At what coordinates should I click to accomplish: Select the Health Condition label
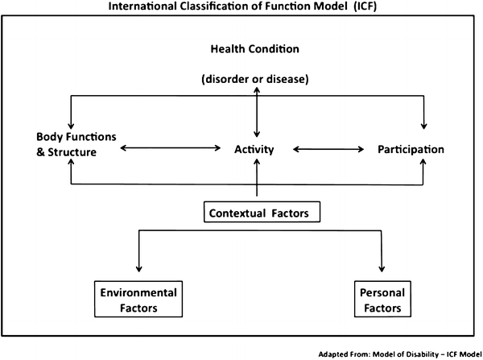pyautogui.click(x=255, y=48)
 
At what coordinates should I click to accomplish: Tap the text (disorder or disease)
pyautogui.click(x=255, y=79)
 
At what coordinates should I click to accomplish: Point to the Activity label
pyautogui.click(x=256, y=150)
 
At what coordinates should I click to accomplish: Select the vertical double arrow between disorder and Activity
pyautogui.click(x=257, y=113)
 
